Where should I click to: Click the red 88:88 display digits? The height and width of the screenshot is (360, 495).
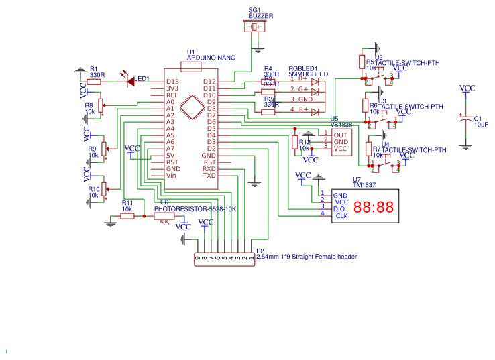pyautogui.click(x=374, y=208)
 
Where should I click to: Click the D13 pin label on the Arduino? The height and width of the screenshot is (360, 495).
pyautogui.click(x=172, y=82)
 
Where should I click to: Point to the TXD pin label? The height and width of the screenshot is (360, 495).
pyautogui.click(x=210, y=176)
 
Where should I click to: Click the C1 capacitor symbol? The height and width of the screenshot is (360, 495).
pyautogui.click(x=465, y=119)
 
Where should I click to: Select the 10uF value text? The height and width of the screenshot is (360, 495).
pyautogui.click(x=481, y=125)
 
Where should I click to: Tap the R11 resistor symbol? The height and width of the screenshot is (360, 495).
pyautogui.click(x=127, y=216)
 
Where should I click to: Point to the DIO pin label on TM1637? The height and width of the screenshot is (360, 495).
pyautogui.click(x=339, y=208)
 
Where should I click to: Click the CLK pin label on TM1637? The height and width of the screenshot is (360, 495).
pyautogui.click(x=341, y=216)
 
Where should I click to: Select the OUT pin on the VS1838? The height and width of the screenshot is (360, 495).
pyautogui.click(x=340, y=135)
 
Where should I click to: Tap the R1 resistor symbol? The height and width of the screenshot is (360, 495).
pyautogui.click(x=94, y=81)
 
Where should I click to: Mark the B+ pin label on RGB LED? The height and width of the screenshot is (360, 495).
pyautogui.click(x=303, y=78)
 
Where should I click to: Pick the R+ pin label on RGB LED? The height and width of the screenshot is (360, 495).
pyautogui.click(x=303, y=109)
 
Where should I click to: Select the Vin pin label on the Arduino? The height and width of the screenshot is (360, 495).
pyautogui.click(x=172, y=176)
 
